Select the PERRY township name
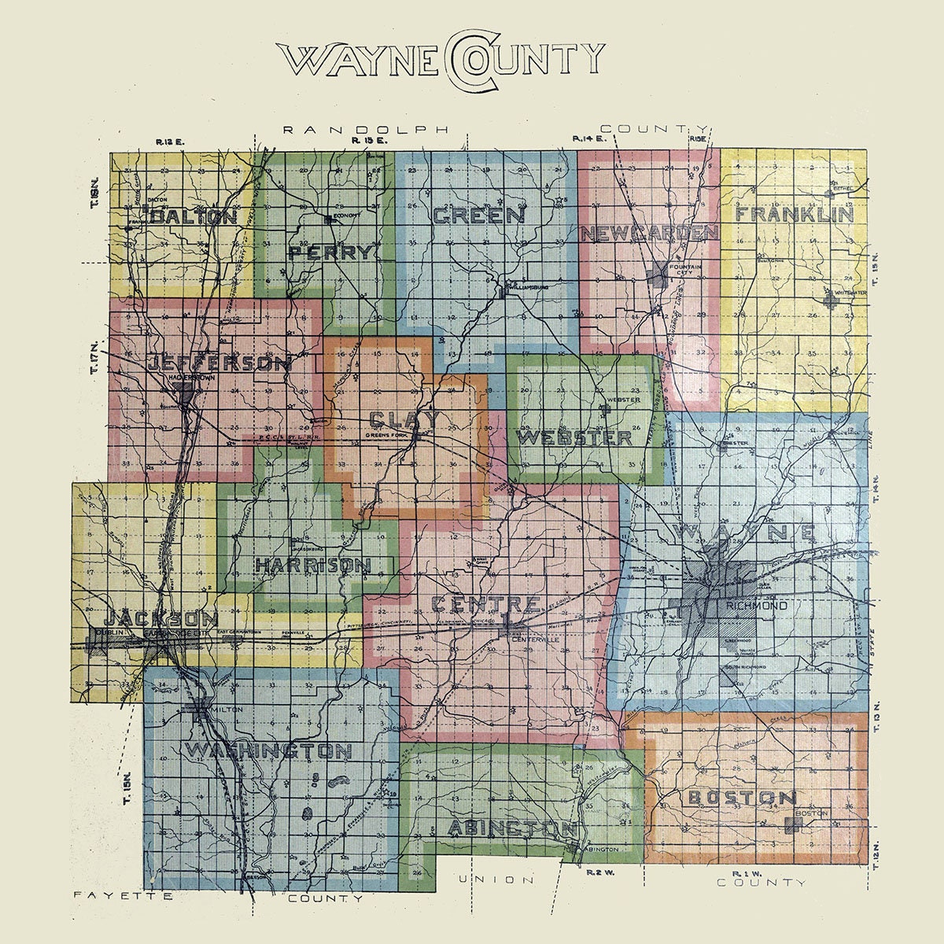click(330, 253)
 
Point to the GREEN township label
click(478, 216)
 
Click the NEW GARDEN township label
click(649, 233)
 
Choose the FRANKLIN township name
click(795, 215)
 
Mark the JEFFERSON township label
click(219, 364)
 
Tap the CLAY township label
click(404, 419)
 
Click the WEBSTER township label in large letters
click(575, 437)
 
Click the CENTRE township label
click(486, 605)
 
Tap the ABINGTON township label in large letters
click(513, 828)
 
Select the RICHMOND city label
click(757, 606)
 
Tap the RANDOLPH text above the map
click(366, 129)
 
